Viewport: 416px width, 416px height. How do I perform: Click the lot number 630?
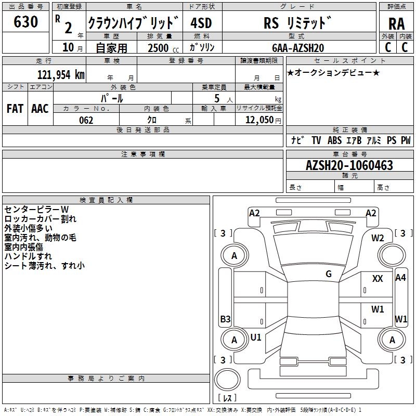tap(25, 21)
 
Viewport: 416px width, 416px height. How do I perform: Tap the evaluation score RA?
tap(396, 24)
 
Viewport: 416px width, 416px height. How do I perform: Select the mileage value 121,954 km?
tap(61, 75)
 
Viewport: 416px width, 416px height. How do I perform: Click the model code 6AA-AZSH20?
tap(298, 48)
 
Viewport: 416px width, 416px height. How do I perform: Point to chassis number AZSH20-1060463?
tap(349, 165)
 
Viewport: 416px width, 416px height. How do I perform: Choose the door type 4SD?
tap(201, 23)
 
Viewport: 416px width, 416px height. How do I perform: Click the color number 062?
tap(86, 120)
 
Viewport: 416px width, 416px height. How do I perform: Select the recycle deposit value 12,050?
tap(259, 120)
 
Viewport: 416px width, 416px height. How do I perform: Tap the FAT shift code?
tap(15, 109)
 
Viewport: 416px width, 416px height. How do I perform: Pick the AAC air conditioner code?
tap(40, 109)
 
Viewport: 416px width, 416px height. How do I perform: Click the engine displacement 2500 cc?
tap(163, 48)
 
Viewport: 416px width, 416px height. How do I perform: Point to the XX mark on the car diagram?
tap(378, 279)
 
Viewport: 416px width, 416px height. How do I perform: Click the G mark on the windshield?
tap(329, 274)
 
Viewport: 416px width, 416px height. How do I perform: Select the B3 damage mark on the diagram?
tap(226, 319)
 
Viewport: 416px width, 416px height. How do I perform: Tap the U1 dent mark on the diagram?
tap(256, 337)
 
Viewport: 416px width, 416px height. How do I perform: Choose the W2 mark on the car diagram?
tap(378, 238)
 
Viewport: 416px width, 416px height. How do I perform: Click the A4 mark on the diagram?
tap(400, 278)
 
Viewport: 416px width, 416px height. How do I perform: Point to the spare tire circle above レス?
tap(227, 379)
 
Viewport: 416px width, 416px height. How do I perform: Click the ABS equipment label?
tap(334, 140)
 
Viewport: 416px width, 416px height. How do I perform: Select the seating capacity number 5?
tap(217, 98)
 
